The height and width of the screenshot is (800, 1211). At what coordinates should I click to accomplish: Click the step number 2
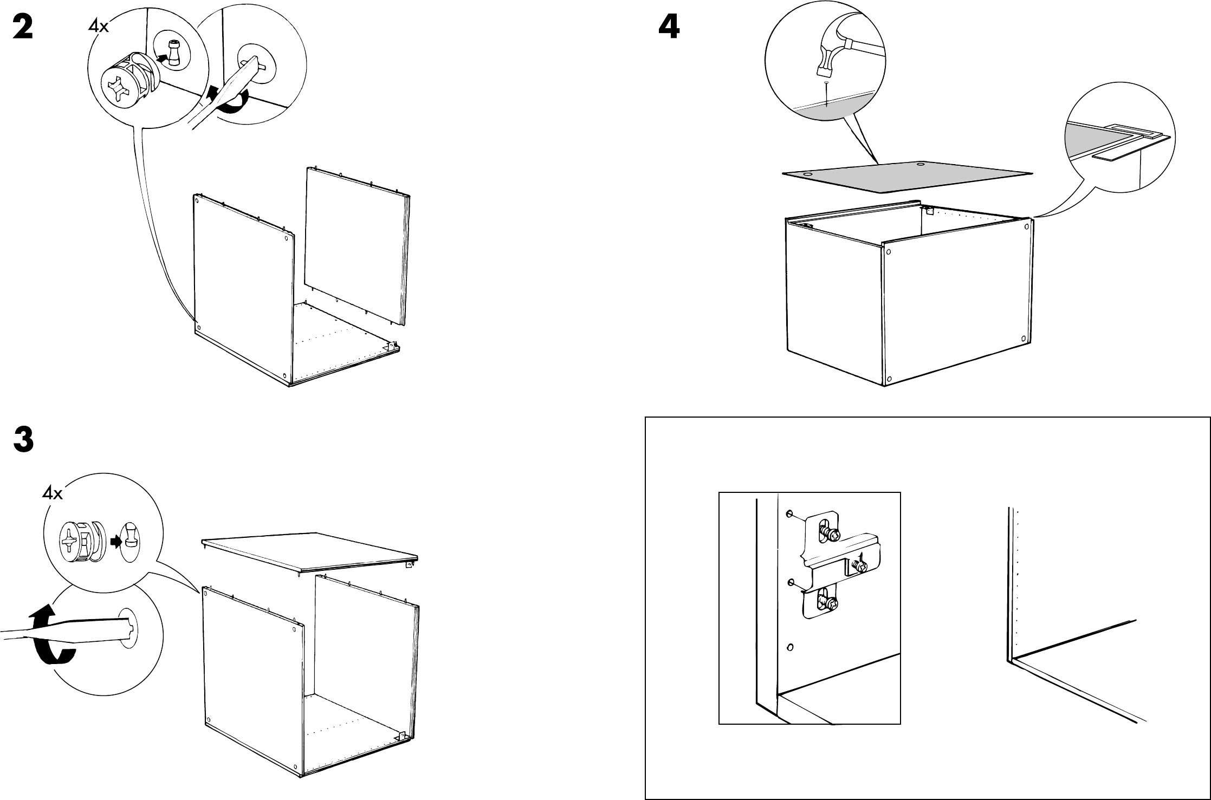(23, 27)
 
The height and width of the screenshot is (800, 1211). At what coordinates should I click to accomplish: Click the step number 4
(669, 27)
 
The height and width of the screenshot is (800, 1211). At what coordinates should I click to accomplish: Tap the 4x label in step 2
(98, 26)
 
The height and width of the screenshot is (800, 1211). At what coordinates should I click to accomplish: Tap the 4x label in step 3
(53, 493)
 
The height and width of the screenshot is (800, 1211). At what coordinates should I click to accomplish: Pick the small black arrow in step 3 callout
(115, 542)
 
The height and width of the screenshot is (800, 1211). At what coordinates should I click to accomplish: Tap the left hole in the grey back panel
(807, 174)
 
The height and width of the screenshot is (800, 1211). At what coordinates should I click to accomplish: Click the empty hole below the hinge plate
(790, 647)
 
